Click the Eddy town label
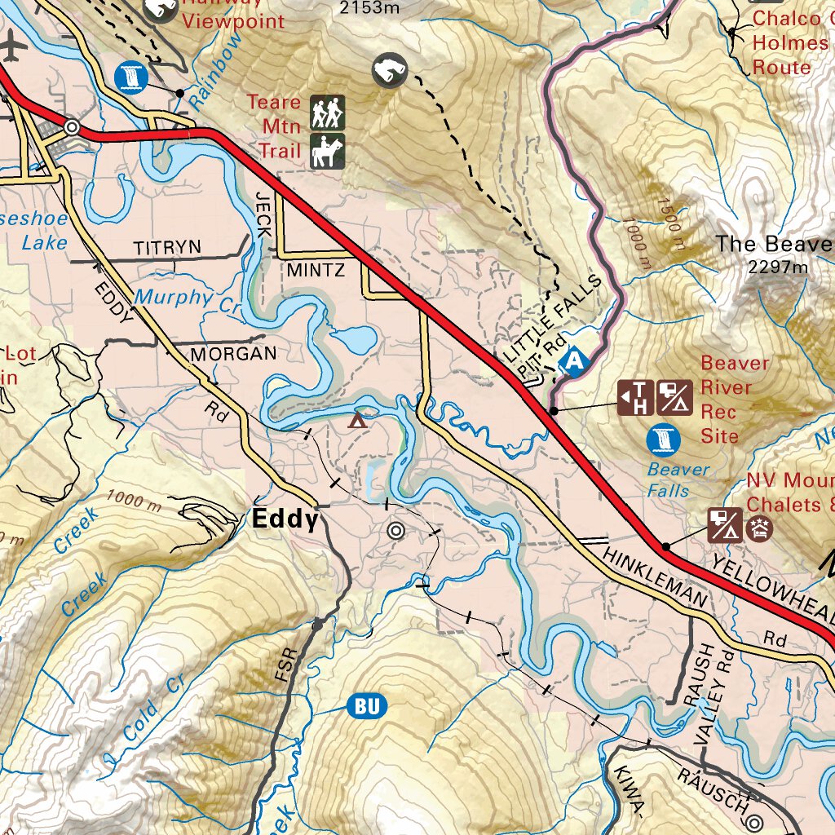(285, 519)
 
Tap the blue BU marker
(367, 706)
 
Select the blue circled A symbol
(576, 360)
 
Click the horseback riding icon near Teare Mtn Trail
(327, 152)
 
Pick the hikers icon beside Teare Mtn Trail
(327, 113)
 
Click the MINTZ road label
(316, 270)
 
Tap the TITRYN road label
(167, 246)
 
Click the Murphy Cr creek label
(189, 300)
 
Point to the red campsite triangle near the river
(356, 421)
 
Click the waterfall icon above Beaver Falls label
(663, 440)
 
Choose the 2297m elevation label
(778, 267)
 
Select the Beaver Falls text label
(678, 479)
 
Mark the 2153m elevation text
(369, 8)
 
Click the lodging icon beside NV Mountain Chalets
(759, 528)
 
